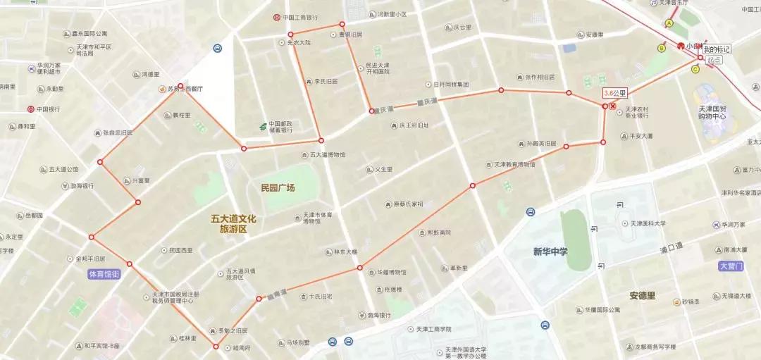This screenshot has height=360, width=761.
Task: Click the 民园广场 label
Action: pos(278,188)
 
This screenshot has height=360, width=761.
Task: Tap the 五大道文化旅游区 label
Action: pos(233,224)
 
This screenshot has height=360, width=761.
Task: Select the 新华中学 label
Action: pos(550,252)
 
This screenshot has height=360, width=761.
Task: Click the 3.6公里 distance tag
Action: pos(614,93)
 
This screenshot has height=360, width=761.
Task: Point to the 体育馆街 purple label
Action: pos(104,273)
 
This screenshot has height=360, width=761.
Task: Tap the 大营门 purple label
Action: pos(731,266)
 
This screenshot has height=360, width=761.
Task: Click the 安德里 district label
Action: pos(642,295)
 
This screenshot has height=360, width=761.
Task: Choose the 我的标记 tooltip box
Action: pos(717,49)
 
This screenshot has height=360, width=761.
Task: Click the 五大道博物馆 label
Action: pos(328,154)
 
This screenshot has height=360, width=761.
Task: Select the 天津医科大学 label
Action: pos(648,223)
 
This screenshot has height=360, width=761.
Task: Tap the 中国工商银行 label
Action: pos(300,18)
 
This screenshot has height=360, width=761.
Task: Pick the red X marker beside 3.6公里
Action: pos(613,106)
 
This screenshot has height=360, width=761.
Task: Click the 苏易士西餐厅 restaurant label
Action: pos(185,89)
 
